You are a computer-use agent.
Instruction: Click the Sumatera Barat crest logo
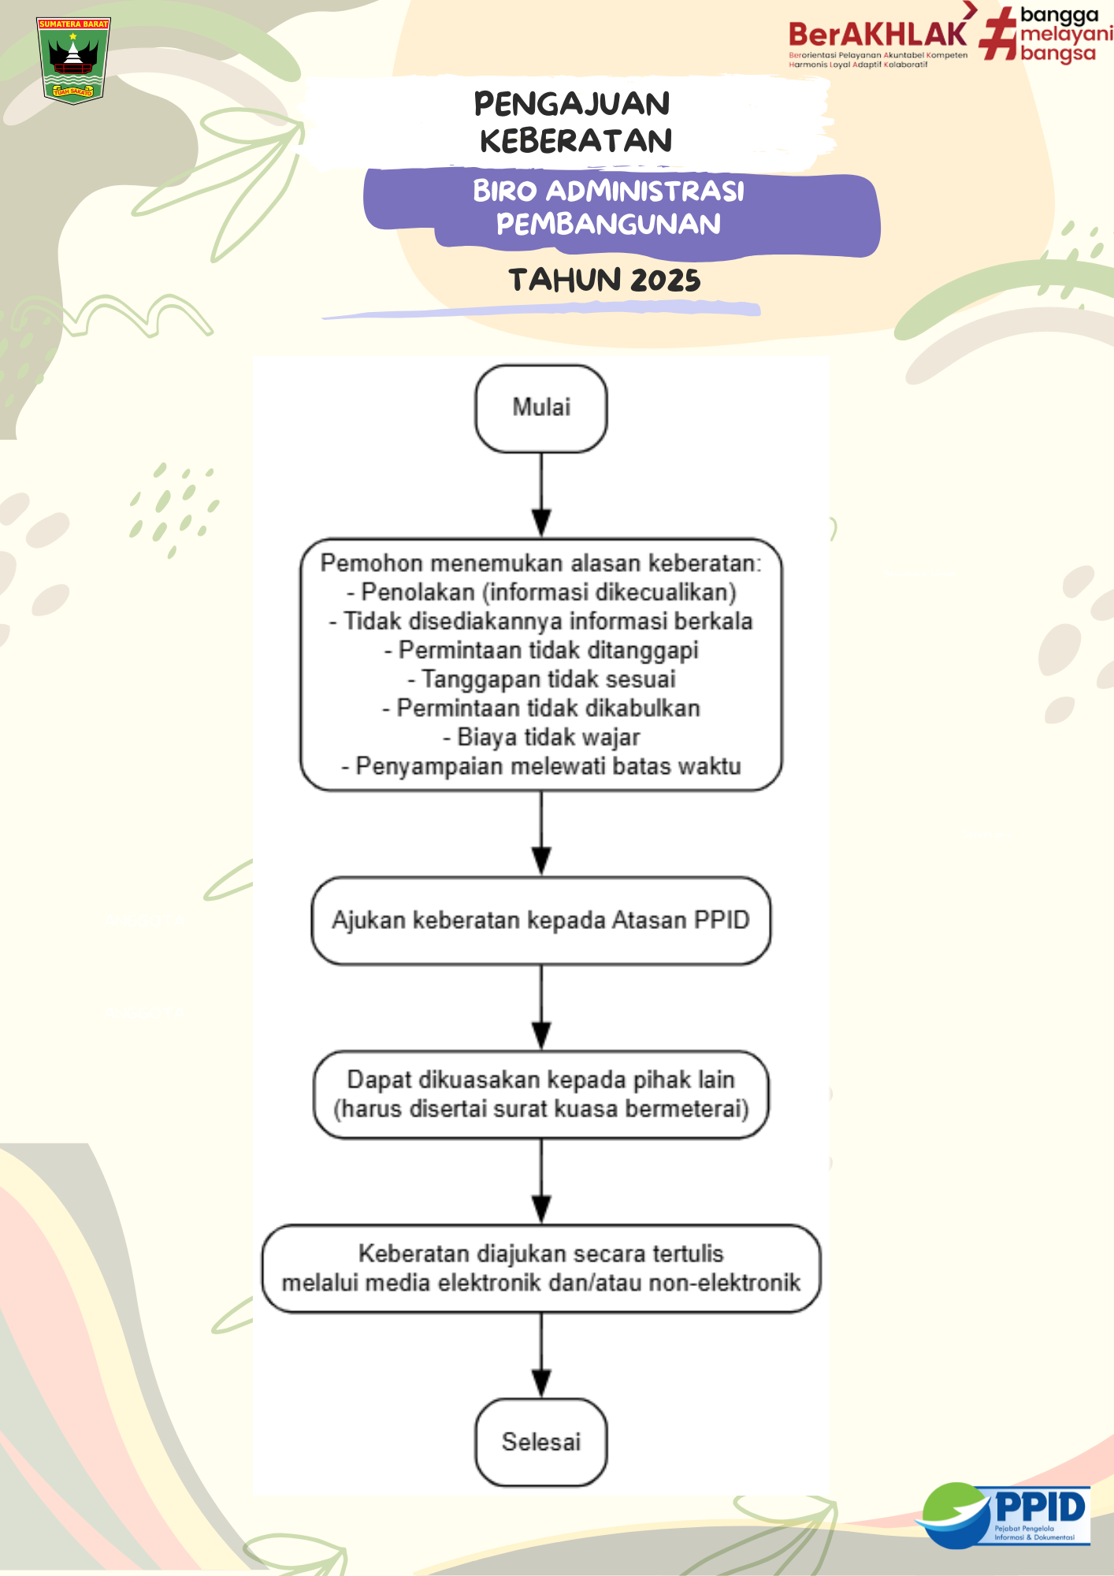(73, 60)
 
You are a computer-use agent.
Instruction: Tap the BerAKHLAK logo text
(877, 35)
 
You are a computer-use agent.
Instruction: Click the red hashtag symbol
(998, 35)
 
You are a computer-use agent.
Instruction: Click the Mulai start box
(541, 408)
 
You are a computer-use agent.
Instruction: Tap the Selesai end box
(541, 1442)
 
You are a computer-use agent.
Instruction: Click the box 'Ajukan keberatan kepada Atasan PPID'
(541, 920)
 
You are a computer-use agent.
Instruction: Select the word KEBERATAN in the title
(576, 141)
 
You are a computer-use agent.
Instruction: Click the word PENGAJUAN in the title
(572, 104)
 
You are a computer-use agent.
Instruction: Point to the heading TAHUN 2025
(604, 281)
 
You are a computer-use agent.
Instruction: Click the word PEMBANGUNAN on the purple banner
(608, 225)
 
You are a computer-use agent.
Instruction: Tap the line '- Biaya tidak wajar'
(541, 738)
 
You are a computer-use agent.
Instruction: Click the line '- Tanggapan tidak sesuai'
(541, 679)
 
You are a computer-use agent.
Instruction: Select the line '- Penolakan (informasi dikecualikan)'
(541, 592)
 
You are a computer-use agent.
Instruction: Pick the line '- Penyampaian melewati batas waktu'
(541, 767)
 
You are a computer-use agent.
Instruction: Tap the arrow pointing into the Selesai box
(541, 1355)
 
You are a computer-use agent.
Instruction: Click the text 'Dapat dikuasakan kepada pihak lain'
(541, 1080)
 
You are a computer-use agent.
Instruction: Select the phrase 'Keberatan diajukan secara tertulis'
(541, 1254)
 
